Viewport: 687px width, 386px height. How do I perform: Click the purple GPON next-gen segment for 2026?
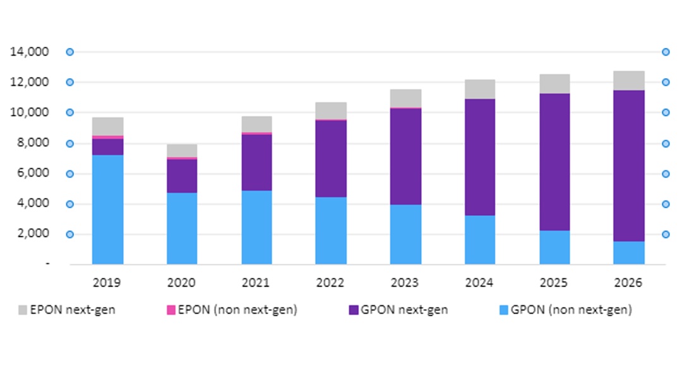630,165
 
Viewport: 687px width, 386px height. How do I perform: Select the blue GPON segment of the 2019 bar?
107,209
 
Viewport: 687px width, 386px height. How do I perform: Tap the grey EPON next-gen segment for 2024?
480,89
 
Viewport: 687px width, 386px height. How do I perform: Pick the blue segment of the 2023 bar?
405,234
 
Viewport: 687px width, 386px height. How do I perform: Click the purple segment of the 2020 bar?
182,176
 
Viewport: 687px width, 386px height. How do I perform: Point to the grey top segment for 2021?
256,124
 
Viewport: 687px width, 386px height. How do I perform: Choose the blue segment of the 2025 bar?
554,247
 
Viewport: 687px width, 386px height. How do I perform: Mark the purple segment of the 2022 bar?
331,158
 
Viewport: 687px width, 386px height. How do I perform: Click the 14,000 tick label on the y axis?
30,52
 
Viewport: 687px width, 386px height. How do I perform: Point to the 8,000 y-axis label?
32,143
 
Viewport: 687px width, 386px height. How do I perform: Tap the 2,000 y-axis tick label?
32,234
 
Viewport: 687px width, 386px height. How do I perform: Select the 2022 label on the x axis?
331,283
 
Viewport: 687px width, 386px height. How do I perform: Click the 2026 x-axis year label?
630,283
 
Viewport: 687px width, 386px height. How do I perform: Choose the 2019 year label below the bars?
107,283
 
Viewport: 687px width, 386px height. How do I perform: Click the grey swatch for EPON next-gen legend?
23,310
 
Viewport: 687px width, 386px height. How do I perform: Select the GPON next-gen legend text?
404,310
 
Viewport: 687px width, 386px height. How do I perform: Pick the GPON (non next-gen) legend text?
571,310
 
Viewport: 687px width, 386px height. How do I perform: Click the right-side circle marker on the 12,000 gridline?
666,82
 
